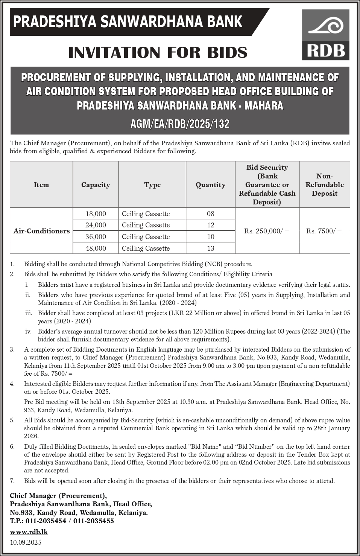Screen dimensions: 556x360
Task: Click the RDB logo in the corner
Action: [325, 35]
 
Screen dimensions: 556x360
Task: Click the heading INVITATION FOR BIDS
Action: [158, 52]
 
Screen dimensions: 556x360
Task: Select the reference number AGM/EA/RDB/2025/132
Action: [180, 124]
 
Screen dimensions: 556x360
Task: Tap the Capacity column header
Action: [96, 185]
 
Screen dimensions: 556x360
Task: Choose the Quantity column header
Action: [210, 185]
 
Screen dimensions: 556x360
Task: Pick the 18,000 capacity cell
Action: [96, 214]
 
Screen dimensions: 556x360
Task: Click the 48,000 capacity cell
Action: [96, 248]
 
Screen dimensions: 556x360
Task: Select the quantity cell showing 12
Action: [210, 225]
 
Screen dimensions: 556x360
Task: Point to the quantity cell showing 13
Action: [210, 248]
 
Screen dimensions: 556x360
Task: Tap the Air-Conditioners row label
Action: [41, 231]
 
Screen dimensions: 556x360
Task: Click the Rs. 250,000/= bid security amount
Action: [267, 231]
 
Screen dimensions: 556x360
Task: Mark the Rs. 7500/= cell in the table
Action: [324, 231]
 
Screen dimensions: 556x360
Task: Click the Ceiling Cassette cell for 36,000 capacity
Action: [146, 237]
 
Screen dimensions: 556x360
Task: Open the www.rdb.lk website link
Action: [29, 532]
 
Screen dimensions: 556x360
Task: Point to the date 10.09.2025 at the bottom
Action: [26, 542]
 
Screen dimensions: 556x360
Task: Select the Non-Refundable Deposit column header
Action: [324, 185]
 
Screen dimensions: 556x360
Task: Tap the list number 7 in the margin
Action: [12, 481]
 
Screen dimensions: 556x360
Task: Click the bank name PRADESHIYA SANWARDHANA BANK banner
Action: [128, 22]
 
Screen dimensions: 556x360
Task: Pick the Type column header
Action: [152, 185]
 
